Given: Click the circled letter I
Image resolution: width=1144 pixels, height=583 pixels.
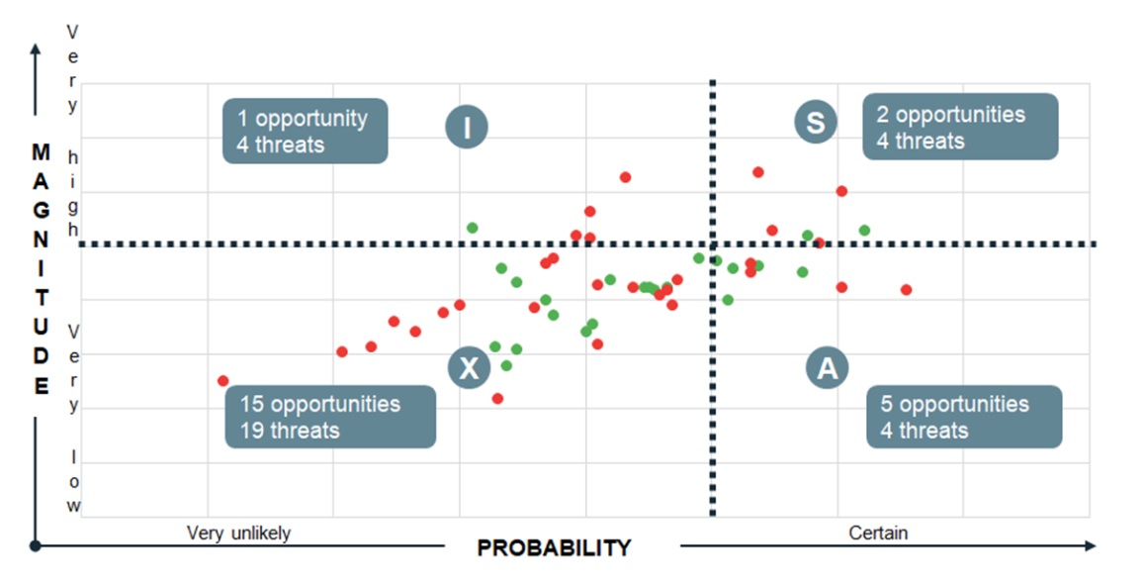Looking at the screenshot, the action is tap(467, 127).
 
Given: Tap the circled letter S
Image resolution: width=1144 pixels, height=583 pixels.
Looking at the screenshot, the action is tap(815, 122).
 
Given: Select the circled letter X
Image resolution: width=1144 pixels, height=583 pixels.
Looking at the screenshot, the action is tap(469, 367).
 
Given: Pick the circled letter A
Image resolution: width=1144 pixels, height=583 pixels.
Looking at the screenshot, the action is tap(828, 367).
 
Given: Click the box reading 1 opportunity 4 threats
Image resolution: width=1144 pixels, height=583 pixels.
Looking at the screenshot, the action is tap(305, 131).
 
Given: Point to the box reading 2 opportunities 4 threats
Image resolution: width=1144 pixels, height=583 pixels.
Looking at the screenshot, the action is tap(960, 127).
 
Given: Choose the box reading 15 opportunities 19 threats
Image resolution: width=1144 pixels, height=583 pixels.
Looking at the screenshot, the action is tap(330, 417).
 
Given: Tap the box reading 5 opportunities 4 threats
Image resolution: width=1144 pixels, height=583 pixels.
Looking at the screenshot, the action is tap(964, 417).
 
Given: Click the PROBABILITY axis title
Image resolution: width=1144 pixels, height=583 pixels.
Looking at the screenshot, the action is tap(554, 548).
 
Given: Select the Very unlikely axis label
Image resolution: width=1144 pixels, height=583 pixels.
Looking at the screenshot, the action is tap(238, 534).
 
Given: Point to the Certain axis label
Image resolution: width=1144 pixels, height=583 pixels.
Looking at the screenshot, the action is tap(878, 533).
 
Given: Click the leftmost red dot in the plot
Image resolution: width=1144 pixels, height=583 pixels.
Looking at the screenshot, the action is tap(223, 381).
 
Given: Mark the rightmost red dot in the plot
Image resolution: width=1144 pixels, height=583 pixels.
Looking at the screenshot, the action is tap(906, 289).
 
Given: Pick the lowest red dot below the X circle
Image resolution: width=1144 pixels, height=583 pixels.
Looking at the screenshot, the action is tap(497, 398).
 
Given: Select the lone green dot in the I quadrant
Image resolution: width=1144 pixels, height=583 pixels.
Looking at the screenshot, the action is tap(472, 228).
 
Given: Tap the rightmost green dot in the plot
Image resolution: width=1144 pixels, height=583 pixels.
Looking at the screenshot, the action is tap(864, 230).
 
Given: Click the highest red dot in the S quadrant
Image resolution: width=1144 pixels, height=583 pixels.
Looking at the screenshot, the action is tap(758, 172).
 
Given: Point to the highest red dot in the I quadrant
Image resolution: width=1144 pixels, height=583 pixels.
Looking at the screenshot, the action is tap(625, 177).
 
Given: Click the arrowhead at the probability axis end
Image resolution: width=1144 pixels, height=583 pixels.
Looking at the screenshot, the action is tap(1091, 545).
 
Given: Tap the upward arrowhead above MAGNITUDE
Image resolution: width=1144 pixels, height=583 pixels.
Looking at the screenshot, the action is tap(35, 49).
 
